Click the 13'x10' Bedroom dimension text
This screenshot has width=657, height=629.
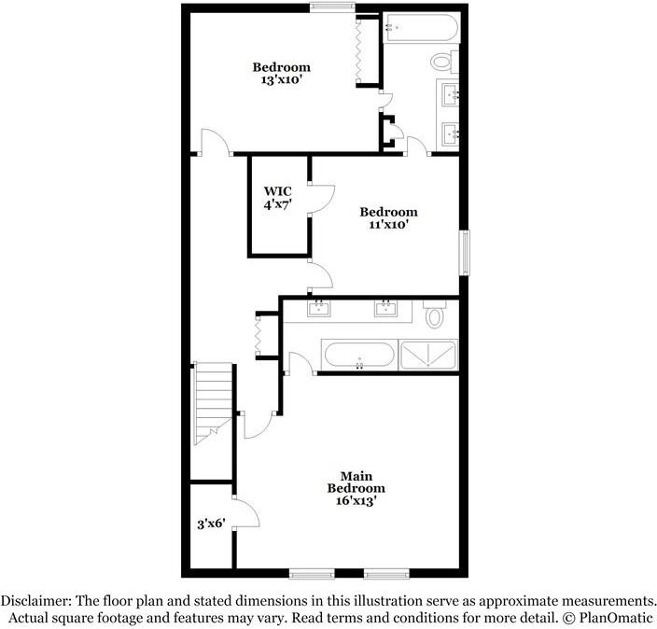click(x=281, y=81)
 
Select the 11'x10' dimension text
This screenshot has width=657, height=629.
click(x=388, y=225)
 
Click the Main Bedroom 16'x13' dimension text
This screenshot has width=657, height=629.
click(x=356, y=501)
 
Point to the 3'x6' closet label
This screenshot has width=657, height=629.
click(x=211, y=524)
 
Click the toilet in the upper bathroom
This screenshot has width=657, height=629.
click(x=442, y=62)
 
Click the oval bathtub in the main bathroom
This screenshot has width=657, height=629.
click(x=359, y=355)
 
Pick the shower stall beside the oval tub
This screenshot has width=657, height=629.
click(x=429, y=355)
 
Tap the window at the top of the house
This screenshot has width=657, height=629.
click(x=332, y=8)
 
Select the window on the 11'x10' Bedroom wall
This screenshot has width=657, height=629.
click(x=464, y=251)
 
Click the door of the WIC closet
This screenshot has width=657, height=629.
click(x=321, y=197)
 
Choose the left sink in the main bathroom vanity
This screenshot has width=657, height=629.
click(x=319, y=308)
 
